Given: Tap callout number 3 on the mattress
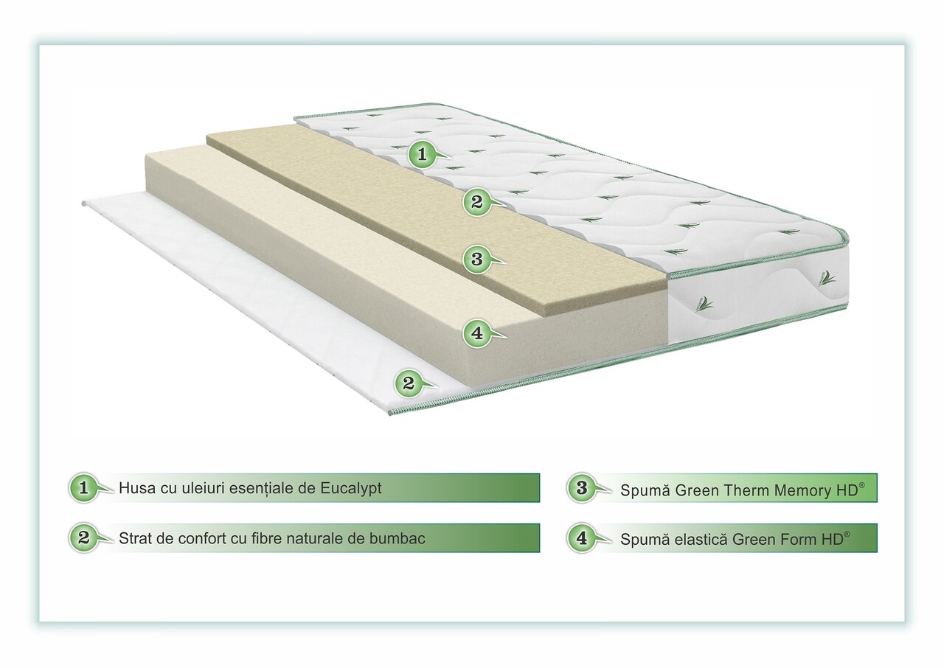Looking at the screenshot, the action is [x=477, y=259].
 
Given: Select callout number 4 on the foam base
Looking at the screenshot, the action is [x=477, y=333].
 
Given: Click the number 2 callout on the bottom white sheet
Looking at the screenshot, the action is [x=409, y=383].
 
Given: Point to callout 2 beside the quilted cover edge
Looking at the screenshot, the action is [x=477, y=202].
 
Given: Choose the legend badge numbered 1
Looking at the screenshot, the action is [x=84, y=488].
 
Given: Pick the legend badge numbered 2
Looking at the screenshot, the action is [x=84, y=537].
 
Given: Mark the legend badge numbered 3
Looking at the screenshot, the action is [x=582, y=488].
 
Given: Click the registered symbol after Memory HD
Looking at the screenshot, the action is [x=861, y=485].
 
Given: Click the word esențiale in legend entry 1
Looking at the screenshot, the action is [x=261, y=488].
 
